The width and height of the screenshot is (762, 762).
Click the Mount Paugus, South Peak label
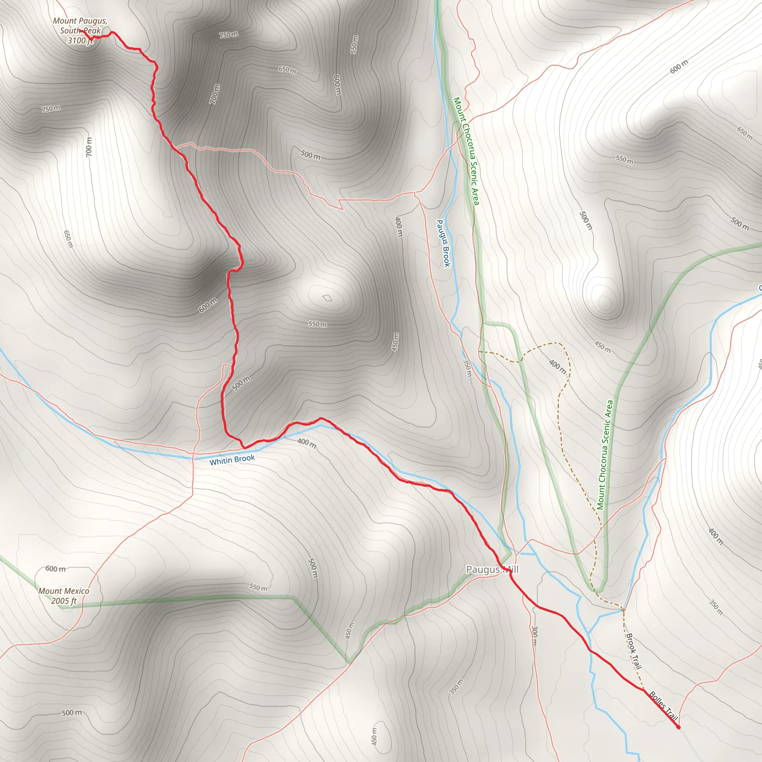tap(80, 26)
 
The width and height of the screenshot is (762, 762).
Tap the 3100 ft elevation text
tap(80, 40)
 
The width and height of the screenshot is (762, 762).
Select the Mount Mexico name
tap(64, 591)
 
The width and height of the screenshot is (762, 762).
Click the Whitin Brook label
tap(232, 460)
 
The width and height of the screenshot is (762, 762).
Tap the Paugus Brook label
tap(443, 243)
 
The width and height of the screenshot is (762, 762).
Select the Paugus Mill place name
tap(492, 570)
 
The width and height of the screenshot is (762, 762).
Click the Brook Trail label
tap(634, 651)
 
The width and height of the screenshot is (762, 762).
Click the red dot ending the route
tap(678, 727)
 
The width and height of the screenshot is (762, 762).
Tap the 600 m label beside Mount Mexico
tap(55, 569)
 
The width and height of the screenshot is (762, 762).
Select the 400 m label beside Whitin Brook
tap(307, 443)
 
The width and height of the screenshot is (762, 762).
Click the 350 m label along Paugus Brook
tap(467, 368)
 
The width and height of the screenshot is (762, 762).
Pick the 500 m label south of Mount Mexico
tap(72, 713)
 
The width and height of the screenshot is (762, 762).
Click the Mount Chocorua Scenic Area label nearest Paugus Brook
tap(466, 151)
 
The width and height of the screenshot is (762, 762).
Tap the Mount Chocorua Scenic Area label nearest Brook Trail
tap(605, 455)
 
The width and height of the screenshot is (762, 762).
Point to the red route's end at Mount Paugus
tap(81, 31)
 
